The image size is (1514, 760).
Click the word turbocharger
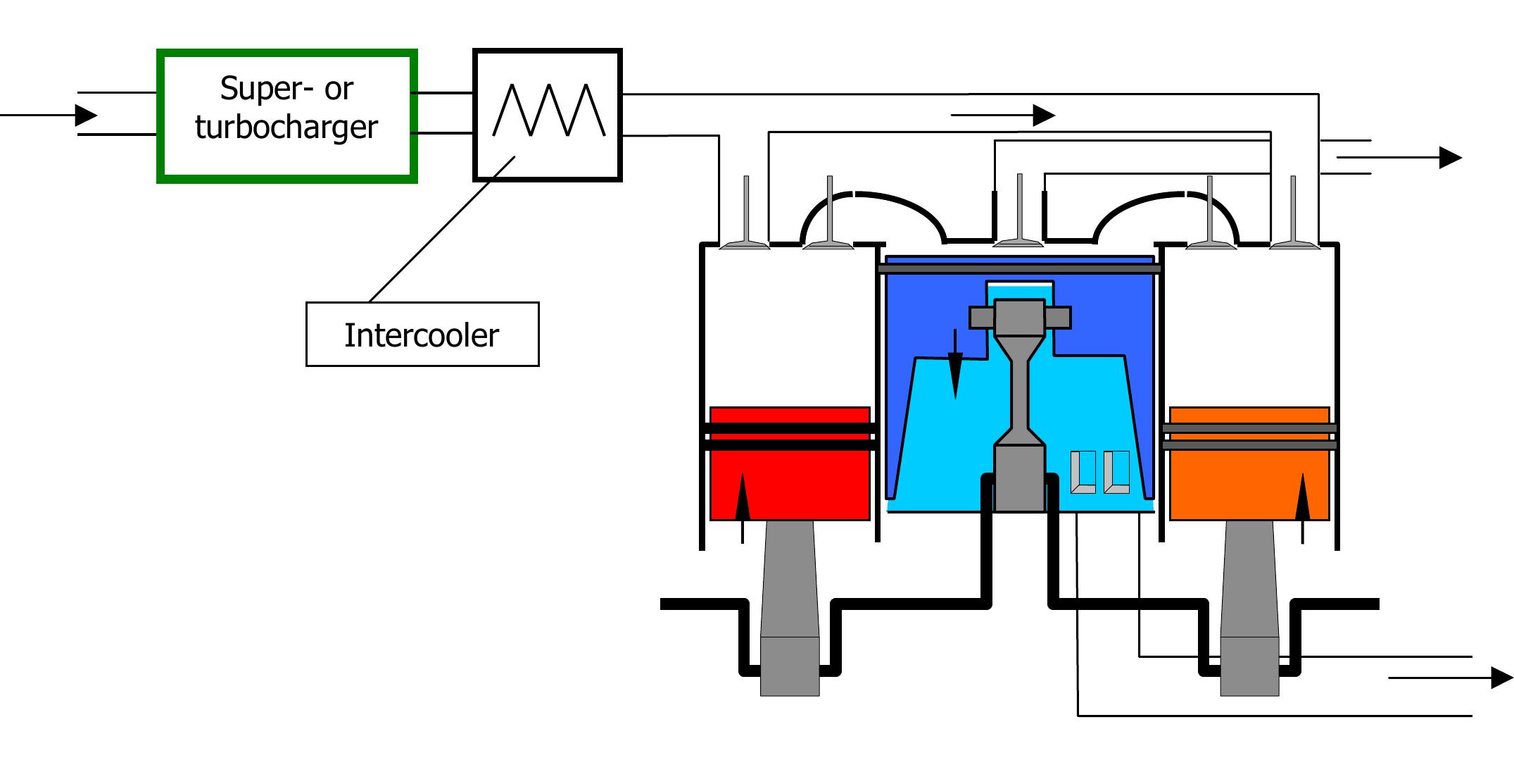[286, 127]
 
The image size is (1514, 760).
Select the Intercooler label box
[422, 335]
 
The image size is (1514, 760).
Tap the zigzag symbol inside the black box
[548, 111]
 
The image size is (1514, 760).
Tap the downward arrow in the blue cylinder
[955, 366]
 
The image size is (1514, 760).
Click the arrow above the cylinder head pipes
[1007, 115]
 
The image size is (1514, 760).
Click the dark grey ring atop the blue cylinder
[1019, 268]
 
